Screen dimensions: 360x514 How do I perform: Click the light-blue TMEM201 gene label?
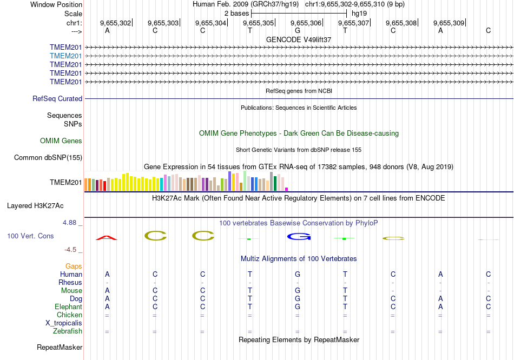click(x=66, y=56)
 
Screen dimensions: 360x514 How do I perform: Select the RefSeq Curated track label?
click(x=57, y=99)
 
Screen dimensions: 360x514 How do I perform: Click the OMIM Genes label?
click(x=61, y=141)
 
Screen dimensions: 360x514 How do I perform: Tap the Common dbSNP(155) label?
click(x=48, y=158)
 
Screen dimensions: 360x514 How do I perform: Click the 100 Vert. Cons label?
click(x=30, y=236)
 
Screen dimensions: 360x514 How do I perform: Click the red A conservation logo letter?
click(x=107, y=237)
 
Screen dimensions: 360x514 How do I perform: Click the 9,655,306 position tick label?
click(x=306, y=23)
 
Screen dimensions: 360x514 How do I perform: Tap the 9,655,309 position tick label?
click(x=449, y=23)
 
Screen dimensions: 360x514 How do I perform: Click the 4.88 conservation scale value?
click(x=70, y=222)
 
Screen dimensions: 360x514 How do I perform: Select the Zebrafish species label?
click(x=68, y=331)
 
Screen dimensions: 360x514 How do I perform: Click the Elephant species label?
click(x=68, y=307)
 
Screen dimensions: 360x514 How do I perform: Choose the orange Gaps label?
click(x=74, y=266)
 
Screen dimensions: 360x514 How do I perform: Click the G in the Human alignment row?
click(x=298, y=275)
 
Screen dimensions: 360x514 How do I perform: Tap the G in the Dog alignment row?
click(x=298, y=299)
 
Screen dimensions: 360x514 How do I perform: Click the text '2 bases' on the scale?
click(x=236, y=12)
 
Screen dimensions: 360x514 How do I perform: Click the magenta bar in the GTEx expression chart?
click(x=287, y=189)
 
